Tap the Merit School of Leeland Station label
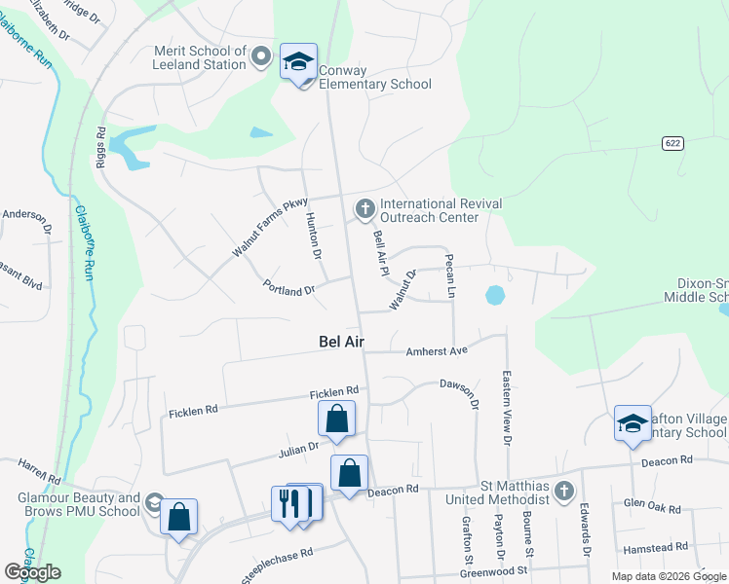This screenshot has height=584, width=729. [200, 57]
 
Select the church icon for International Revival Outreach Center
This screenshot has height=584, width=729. [365, 208]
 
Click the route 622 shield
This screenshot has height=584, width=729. [672, 143]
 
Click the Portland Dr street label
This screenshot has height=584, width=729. [289, 289]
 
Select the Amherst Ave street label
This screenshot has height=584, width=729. [438, 350]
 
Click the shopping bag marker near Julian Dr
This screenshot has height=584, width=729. [336, 420]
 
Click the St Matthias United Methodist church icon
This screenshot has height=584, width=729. [563, 492]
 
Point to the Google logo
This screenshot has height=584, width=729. [32, 572]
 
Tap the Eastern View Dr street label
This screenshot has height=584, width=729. [506, 408]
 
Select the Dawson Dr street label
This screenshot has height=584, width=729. [460, 390]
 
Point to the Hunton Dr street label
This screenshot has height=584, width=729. [313, 235]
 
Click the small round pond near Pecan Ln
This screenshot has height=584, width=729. [495, 294]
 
